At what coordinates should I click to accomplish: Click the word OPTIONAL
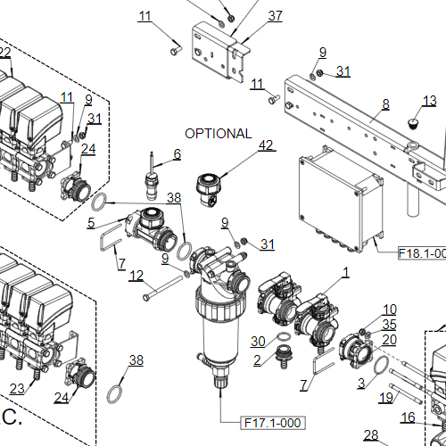point(219,134)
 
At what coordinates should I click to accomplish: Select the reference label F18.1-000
point(421,253)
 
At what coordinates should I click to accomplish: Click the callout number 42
point(266,145)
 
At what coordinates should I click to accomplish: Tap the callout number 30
point(258,341)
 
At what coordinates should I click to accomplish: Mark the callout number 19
point(385,397)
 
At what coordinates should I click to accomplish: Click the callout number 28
point(371,435)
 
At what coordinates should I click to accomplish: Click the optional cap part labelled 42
point(211,188)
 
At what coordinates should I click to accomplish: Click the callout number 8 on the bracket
point(385,104)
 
